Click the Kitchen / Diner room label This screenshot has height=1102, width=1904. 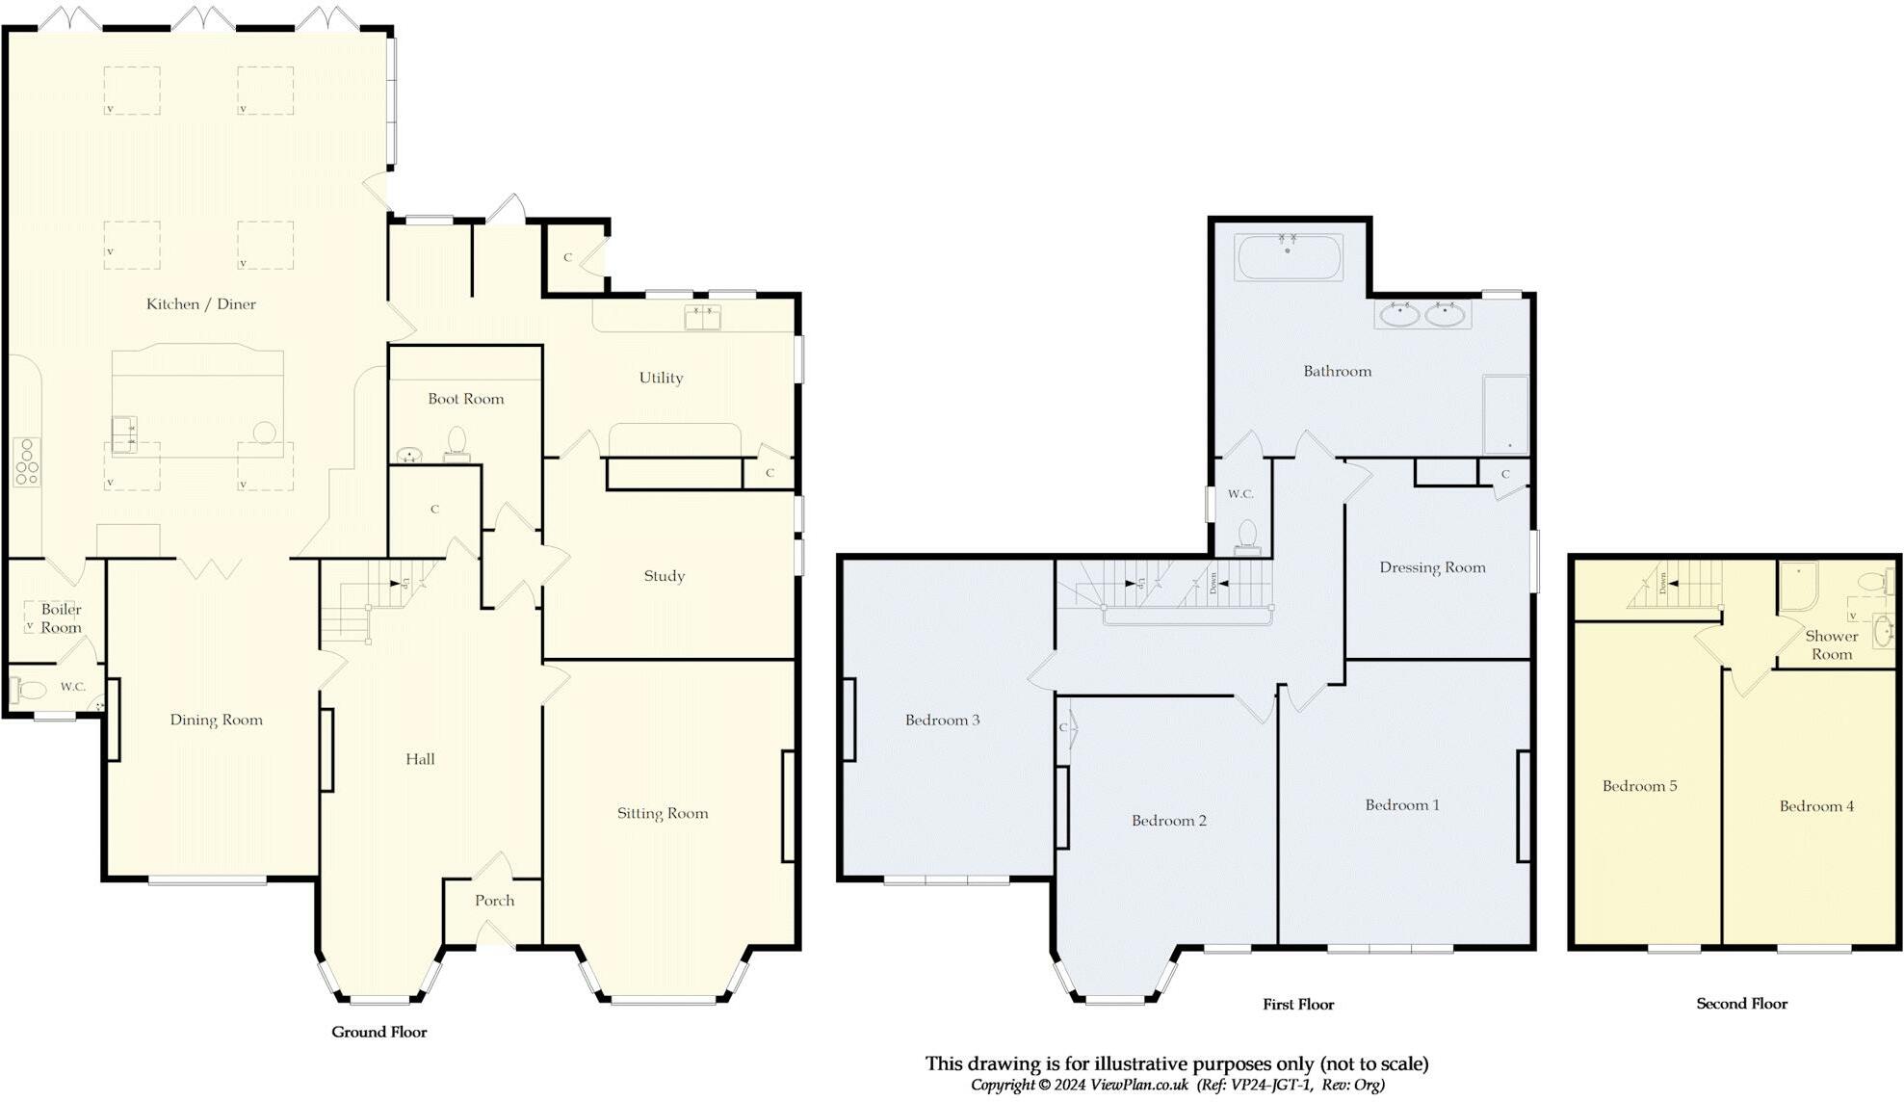click(x=200, y=304)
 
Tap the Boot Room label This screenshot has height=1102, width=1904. click(x=466, y=399)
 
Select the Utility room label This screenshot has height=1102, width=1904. click(x=661, y=378)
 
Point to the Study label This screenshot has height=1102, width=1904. click(x=665, y=576)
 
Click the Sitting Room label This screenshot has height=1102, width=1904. click(x=663, y=813)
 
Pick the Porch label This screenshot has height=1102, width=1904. click(x=494, y=901)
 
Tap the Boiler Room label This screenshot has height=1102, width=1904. click(x=61, y=618)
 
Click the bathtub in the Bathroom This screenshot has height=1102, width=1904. click(x=1290, y=257)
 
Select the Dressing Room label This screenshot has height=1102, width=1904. click(x=1432, y=567)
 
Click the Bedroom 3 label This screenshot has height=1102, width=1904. click(x=942, y=720)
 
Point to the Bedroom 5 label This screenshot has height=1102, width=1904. click(x=1639, y=786)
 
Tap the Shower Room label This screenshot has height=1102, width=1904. click(x=1831, y=645)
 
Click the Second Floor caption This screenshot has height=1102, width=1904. click(x=1741, y=1004)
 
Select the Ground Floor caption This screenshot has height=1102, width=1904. click(x=378, y=1032)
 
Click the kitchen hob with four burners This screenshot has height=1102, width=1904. click(x=26, y=462)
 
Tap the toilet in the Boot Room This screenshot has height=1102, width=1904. click(x=456, y=445)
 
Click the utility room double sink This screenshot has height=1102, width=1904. click(x=703, y=317)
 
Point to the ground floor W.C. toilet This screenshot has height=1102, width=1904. click(x=27, y=690)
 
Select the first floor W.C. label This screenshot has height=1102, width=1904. click(x=1240, y=494)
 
